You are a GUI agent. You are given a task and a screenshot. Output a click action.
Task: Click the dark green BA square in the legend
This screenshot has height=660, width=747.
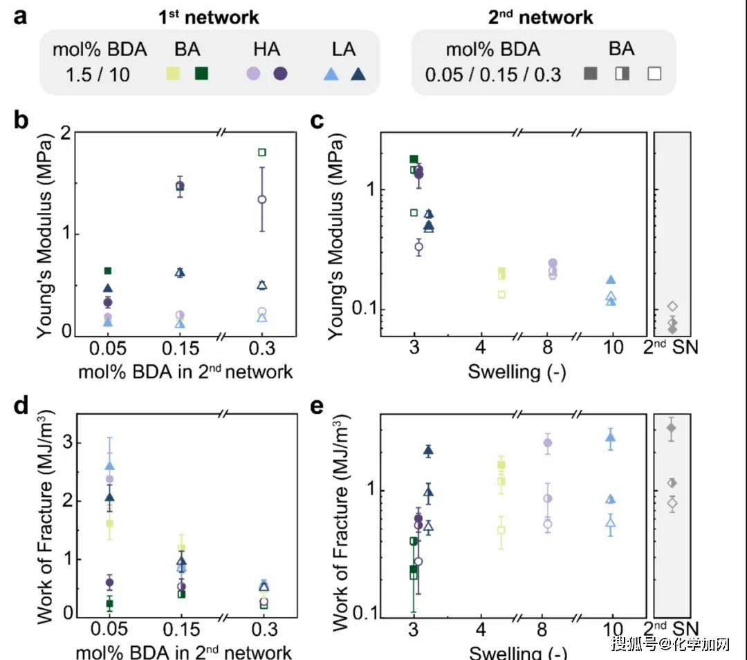[202, 73]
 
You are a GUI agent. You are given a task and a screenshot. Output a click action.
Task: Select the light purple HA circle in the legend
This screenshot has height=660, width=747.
[255, 73]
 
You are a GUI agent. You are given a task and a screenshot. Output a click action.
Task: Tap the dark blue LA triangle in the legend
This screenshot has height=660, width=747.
[358, 73]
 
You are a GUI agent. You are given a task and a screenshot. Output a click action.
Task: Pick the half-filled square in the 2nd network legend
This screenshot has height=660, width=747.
[622, 73]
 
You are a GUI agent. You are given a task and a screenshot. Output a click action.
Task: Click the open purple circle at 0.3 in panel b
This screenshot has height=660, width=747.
[262, 199]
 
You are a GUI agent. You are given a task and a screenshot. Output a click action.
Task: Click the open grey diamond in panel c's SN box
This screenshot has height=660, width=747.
[672, 306]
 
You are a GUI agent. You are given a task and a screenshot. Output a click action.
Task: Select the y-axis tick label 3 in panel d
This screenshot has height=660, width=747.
[67, 442]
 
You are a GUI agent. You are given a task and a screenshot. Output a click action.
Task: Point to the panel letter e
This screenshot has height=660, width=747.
[319, 406]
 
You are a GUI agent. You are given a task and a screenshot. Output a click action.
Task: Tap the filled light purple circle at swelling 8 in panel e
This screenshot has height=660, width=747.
[548, 442]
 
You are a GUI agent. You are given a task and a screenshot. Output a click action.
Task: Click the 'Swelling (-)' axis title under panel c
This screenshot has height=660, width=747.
[517, 372]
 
